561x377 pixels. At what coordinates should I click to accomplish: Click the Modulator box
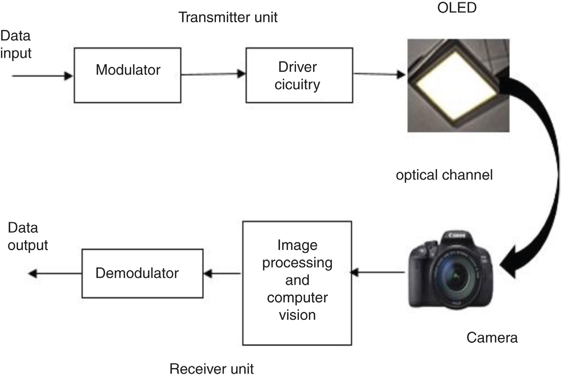point(128,75)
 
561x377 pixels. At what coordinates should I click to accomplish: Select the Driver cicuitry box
point(300,75)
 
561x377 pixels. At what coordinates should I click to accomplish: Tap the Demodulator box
point(143,273)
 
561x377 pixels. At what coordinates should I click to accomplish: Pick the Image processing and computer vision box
point(297,283)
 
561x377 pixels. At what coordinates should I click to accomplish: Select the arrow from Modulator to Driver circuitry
point(213,75)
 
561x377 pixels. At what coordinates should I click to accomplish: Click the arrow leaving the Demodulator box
point(54,273)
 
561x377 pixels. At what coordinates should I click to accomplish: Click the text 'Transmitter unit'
point(228,18)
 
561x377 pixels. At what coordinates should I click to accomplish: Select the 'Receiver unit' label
point(212,369)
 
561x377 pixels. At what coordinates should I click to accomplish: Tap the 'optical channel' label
point(444,175)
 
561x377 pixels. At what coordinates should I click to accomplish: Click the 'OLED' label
point(457,8)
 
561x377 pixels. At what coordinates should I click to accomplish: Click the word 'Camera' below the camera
point(492,337)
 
